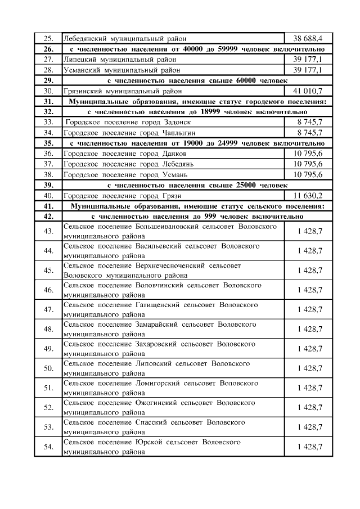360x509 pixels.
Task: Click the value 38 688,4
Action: (x=308, y=39)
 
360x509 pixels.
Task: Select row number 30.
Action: (x=48, y=91)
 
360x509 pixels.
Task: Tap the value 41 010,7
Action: (x=308, y=91)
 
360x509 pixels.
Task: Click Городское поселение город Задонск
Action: (x=129, y=122)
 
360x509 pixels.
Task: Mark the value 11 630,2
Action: (x=308, y=196)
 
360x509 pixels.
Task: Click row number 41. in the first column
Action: (x=48, y=206)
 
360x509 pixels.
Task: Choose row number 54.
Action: (x=48, y=447)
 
